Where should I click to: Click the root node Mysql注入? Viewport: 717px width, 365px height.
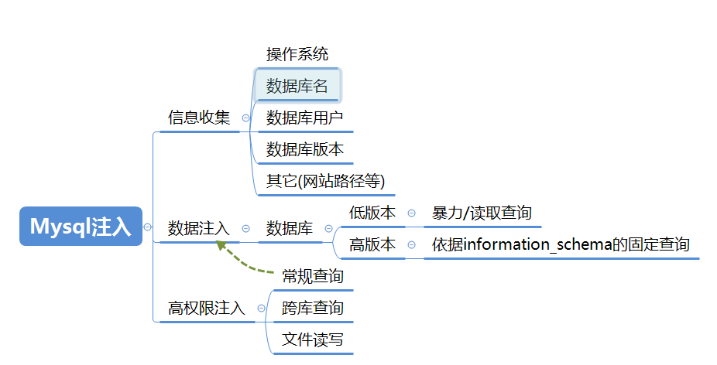81,227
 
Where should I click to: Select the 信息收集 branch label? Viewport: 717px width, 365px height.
199,118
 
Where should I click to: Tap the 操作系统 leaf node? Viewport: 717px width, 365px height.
297,54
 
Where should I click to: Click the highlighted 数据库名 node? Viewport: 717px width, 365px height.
297,87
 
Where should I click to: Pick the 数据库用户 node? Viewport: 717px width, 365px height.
304,118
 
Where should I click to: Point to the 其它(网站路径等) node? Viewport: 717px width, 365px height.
325,182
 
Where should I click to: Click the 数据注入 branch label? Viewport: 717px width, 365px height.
199,229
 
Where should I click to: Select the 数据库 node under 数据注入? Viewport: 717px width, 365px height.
290,229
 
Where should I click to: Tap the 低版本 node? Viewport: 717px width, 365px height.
372,213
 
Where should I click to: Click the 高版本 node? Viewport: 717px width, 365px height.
372,245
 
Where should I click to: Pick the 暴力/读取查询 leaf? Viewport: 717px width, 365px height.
482,213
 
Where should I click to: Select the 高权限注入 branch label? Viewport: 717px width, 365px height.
207,309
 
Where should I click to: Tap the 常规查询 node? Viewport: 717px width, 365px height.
313,276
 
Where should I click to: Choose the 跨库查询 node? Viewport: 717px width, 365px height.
313,309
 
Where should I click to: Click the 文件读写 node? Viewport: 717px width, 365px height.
313,340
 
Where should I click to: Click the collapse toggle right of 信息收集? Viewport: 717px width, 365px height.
245,118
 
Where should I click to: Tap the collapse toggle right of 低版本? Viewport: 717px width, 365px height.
411,213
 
